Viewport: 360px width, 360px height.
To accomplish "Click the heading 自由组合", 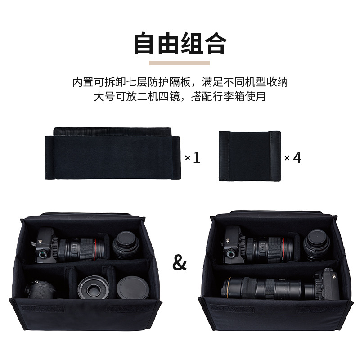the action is click(180, 43).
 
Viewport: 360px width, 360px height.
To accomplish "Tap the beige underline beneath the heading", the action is click(180, 63).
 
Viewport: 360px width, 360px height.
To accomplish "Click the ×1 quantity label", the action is click(193, 158).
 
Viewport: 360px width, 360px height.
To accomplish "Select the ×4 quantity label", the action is click(293, 158).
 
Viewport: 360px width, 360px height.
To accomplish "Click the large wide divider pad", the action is click(112, 153).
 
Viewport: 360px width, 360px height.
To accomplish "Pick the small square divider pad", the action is click(250, 156).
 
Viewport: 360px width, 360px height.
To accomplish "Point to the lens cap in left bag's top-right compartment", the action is click(126, 245).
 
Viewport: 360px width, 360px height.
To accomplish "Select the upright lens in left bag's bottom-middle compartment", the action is click(94, 288).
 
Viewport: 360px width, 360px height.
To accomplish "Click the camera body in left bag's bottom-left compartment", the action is click(41, 289).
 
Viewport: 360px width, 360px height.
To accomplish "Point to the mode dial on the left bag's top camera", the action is click(42, 254).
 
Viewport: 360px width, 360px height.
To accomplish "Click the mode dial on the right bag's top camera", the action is click(231, 254).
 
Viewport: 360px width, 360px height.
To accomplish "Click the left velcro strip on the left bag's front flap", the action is click(43, 308).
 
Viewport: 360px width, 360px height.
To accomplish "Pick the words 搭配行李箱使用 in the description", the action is click(229, 96).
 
